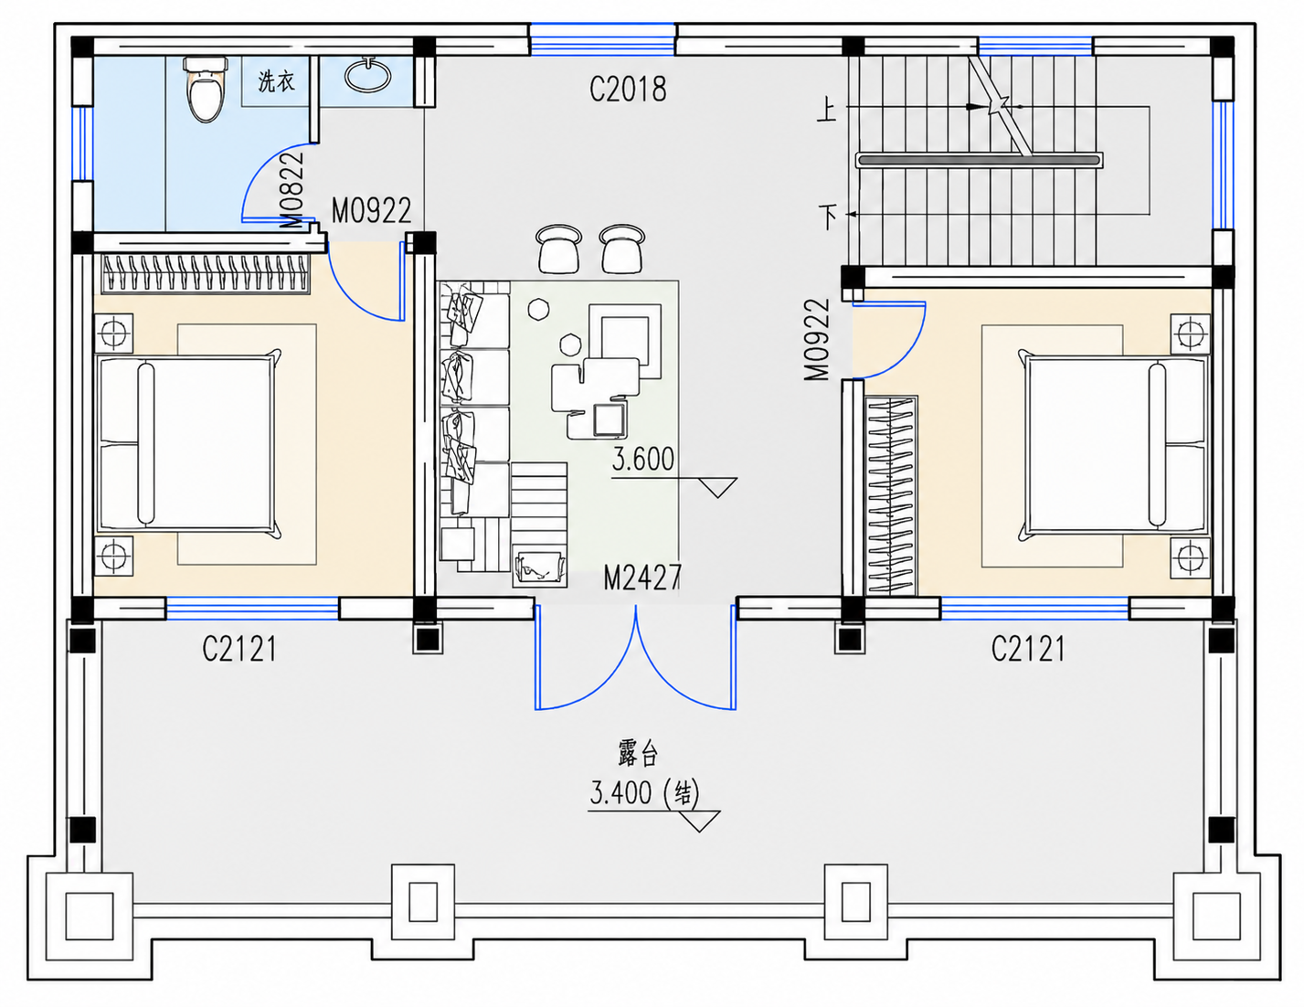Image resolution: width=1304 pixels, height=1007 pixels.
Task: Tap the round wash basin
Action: point(368,75)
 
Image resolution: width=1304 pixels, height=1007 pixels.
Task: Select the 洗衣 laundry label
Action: point(276,81)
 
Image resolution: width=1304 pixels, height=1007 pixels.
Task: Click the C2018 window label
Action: point(628,90)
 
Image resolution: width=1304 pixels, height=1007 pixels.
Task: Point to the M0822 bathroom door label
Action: point(292,190)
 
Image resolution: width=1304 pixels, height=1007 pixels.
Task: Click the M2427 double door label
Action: point(642,578)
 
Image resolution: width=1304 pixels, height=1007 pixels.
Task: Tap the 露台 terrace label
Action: point(638,755)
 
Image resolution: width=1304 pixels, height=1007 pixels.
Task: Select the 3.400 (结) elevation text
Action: point(645,793)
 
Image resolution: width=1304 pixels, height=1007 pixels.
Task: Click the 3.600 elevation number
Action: point(643,459)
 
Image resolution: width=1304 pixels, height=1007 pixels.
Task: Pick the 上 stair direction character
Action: point(827,111)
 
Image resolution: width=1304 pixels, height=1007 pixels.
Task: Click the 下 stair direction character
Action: point(829,217)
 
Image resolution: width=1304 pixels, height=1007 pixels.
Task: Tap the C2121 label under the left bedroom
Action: point(239,650)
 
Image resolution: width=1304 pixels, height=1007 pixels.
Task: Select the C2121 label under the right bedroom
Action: point(1028,650)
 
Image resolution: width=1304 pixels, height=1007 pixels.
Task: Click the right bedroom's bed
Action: point(1114,445)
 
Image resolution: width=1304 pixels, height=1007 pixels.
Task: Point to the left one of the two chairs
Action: point(558,249)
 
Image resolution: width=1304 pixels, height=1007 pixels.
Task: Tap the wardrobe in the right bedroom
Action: point(891,495)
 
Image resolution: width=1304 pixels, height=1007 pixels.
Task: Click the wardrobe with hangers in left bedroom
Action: point(206,273)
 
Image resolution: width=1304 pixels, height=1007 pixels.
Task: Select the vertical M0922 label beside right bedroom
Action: point(817,340)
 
